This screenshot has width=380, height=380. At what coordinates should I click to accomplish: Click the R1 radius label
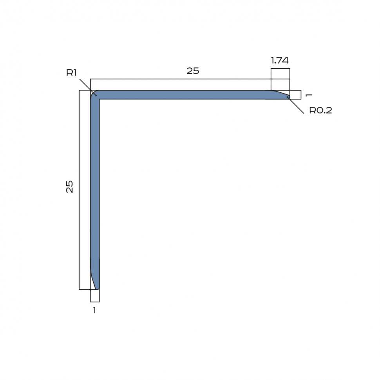point(71,72)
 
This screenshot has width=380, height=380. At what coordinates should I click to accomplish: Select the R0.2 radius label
point(320,110)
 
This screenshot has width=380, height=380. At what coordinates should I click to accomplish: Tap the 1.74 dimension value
point(280,60)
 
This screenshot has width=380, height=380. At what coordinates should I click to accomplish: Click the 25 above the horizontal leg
point(193,71)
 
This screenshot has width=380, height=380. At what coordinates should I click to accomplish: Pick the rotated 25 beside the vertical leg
point(70,186)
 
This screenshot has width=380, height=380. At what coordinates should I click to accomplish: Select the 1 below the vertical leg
point(94,310)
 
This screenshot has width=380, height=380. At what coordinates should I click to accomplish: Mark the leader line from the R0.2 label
point(297,106)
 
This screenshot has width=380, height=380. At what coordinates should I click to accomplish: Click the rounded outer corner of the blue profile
point(93,93)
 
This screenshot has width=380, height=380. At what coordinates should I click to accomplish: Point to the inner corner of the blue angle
point(99,99)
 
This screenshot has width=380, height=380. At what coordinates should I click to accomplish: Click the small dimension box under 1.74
point(280,74)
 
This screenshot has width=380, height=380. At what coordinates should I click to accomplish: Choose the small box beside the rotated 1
point(295,95)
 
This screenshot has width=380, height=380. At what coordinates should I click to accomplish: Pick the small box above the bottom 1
point(95,296)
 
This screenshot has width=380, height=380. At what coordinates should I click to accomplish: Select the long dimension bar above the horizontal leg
point(180,84)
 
